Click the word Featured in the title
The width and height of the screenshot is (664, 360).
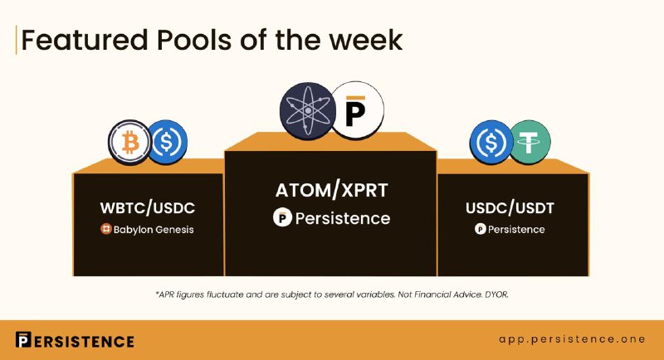point(85,40)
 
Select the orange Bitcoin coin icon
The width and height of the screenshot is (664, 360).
point(129,143)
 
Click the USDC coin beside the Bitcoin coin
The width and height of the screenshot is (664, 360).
point(167,143)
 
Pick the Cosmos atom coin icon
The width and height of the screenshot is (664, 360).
point(308,111)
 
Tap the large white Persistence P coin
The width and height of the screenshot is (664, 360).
point(357,110)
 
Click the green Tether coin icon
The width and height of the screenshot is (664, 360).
point(530,142)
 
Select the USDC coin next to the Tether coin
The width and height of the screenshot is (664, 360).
point(491,142)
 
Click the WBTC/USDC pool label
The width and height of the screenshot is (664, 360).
point(148,208)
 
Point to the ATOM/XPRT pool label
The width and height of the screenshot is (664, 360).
point(331,190)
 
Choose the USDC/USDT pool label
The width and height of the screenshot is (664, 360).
point(510,208)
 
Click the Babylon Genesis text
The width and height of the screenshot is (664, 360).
point(154,230)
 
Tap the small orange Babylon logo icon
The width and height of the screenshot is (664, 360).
point(106,229)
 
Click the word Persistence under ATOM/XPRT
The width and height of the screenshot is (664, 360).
point(343,218)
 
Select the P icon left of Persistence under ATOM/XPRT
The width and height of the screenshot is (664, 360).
point(282,217)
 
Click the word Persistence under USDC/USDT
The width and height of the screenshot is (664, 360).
point(516,229)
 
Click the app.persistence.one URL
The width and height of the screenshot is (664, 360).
point(572,339)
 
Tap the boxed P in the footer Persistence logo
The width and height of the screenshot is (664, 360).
point(23,340)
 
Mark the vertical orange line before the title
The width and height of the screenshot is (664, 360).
point(16,40)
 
